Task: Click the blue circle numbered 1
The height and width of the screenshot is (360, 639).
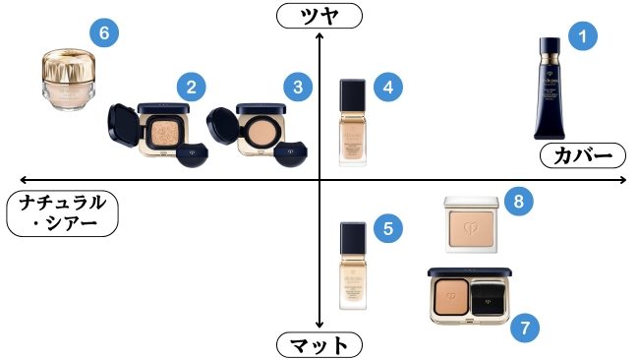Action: (585, 36)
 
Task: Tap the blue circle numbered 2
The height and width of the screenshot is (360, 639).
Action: (191, 88)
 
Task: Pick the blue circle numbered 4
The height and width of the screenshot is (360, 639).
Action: (388, 88)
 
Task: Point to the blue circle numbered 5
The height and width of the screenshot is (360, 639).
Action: (388, 229)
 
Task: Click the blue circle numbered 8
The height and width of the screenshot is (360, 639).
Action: (519, 203)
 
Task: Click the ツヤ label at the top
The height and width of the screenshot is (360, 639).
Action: (319, 15)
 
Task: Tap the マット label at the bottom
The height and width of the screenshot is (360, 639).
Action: (319, 345)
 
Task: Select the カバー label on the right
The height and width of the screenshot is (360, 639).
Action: (581, 154)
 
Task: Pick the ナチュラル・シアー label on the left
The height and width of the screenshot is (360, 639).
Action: (62, 212)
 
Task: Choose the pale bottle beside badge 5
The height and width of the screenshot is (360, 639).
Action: (353, 266)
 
